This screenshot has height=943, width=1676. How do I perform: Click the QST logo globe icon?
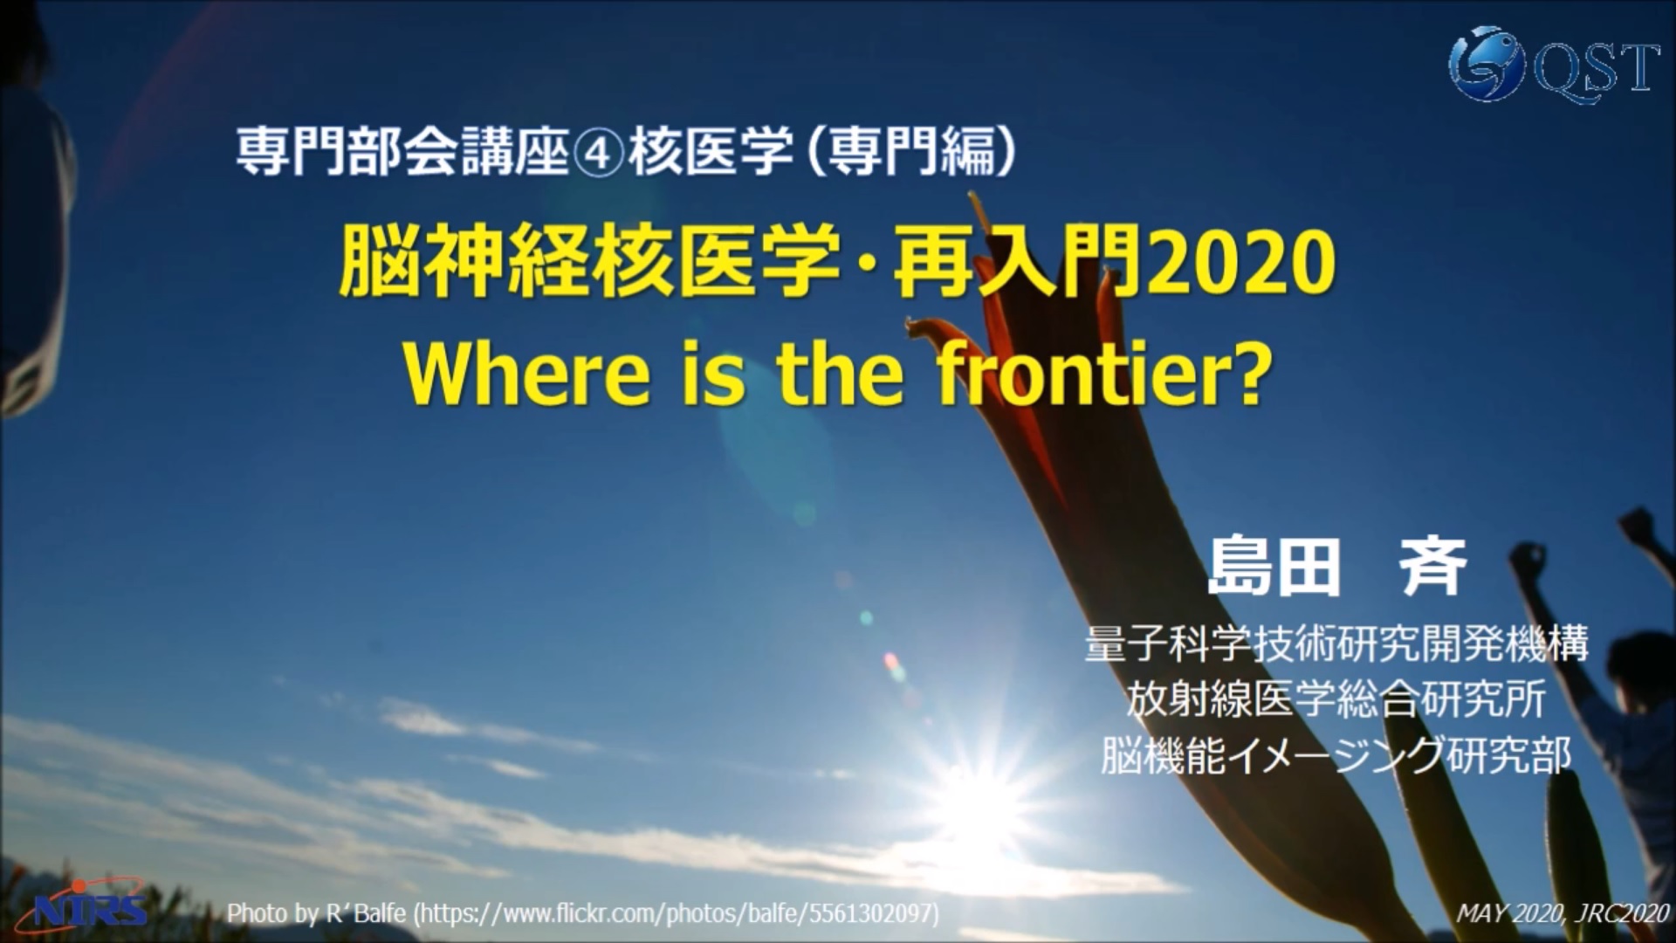coord(1486,64)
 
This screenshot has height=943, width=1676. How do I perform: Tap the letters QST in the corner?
coord(1595,67)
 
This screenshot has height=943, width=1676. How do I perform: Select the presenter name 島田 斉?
coord(1336,568)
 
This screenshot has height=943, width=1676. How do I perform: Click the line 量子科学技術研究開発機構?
coord(1336,644)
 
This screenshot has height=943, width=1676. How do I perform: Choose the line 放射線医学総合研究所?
coord(1336,699)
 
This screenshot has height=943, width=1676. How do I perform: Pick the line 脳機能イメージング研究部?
coord(1336,754)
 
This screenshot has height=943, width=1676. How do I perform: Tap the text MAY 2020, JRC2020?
coord(1562,914)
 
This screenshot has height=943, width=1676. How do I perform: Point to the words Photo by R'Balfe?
coord(316,914)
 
